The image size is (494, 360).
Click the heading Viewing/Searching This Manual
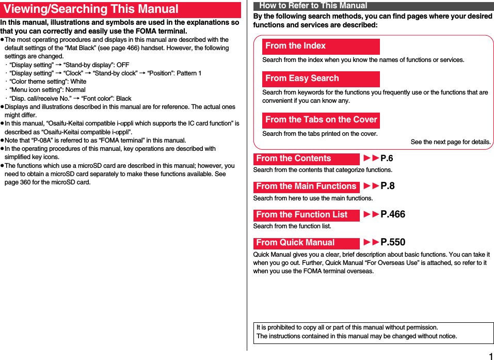click(x=91, y=9)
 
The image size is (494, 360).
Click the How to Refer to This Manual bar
click(x=313, y=6)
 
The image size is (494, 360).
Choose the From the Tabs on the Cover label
click(x=321, y=120)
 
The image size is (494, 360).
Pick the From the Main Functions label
click(x=306, y=186)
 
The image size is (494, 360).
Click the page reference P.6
click(x=387, y=159)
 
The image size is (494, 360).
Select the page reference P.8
click(x=387, y=186)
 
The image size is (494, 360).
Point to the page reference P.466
click(x=392, y=215)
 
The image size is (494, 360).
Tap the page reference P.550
click(x=392, y=243)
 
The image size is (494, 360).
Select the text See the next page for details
click(x=450, y=142)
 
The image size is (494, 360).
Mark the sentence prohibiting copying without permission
click(x=347, y=327)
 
